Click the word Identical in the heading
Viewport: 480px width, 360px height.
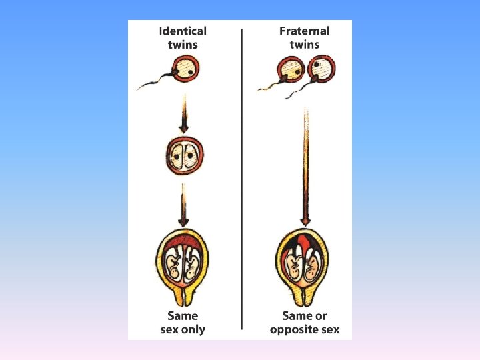[183, 31]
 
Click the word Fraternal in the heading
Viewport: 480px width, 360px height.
[304, 31]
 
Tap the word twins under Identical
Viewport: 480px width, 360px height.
[183, 45]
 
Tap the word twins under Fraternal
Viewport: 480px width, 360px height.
[304, 45]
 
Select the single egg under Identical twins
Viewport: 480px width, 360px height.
[184, 68]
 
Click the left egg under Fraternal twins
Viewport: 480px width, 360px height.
[291, 69]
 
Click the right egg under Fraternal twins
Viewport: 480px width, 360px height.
[321, 68]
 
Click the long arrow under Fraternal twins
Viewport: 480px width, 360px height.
[305, 167]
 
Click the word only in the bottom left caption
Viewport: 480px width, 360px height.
[193, 329]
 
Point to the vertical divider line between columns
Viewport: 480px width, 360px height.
[242, 180]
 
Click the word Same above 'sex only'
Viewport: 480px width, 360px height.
[183, 315]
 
